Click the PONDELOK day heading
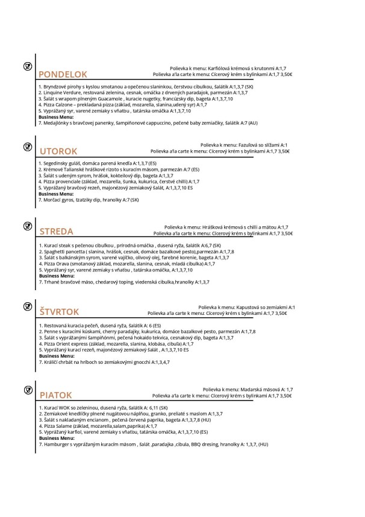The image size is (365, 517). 63,75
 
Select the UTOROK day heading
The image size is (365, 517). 58,151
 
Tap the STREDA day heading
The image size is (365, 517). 56,232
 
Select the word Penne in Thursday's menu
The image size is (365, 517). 49,332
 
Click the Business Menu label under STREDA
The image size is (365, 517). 55,276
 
